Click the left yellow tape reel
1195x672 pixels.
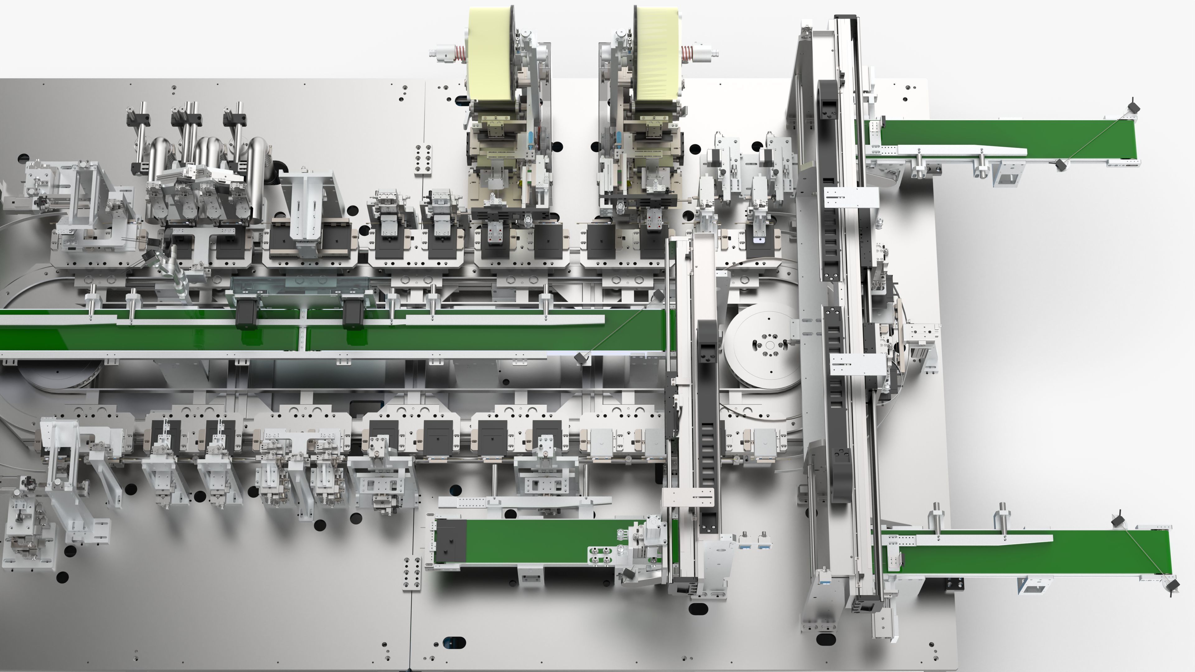pos(490,56)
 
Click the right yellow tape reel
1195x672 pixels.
pos(656,56)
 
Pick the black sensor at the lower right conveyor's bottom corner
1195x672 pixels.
pos(1173,584)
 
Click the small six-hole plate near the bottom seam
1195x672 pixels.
pos(411,574)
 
